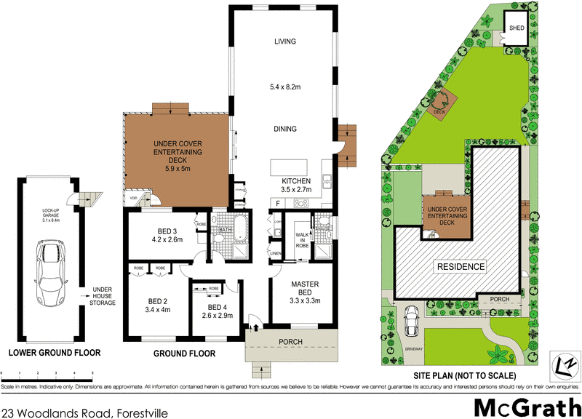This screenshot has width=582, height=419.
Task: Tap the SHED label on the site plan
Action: [517, 28]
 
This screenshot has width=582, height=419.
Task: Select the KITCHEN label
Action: [296, 181]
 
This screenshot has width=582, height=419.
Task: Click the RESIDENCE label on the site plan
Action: [460, 266]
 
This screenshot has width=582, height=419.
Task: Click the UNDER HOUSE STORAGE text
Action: [100, 295]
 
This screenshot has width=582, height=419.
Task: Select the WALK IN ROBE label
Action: [303, 240]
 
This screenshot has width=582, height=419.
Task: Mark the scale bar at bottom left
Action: [47, 373]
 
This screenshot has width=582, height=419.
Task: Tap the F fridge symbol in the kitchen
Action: [278, 201]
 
